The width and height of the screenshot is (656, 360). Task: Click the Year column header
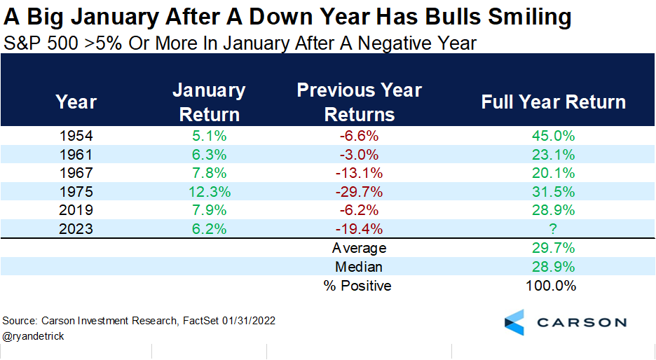click(76, 102)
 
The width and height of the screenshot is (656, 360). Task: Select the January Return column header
click(209, 102)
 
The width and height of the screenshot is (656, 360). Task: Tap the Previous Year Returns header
click(360, 102)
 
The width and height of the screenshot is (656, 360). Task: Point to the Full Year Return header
click(553, 102)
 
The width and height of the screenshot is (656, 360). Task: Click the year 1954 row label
click(76, 136)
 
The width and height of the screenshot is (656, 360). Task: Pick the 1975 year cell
click(76, 191)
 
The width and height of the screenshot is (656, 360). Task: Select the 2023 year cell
click(76, 228)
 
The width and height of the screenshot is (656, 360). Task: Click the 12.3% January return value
click(209, 191)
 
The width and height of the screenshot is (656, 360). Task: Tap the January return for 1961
click(209, 154)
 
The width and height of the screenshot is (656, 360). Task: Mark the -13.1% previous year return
click(360, 173)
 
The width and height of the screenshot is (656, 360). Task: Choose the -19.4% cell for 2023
click(360, 228)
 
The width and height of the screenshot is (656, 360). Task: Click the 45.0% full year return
click(553, 136)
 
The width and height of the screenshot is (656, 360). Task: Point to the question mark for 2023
click(553, 228)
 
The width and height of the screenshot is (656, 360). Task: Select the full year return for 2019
click(553, 210)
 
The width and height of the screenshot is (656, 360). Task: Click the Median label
click(360, 267)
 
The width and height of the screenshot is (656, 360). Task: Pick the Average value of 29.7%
click(553, 248)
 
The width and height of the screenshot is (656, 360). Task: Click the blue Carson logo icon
click(514, 321)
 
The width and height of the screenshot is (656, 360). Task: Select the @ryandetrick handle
click(32, 335)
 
